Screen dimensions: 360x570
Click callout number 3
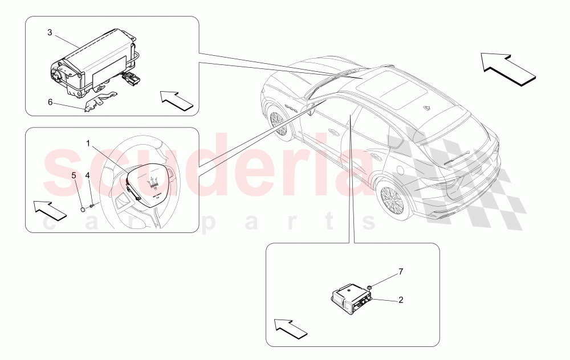click(50, 33)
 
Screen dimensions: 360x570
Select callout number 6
click(50, 102)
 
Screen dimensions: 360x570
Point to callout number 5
click(74, 175)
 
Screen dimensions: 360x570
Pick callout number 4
click(88, 175)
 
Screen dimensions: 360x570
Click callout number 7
click(400, 272)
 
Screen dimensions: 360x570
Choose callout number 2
click(400, 299)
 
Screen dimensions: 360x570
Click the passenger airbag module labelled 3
click(97, 63)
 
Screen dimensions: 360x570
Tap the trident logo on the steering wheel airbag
click(152, 180)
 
